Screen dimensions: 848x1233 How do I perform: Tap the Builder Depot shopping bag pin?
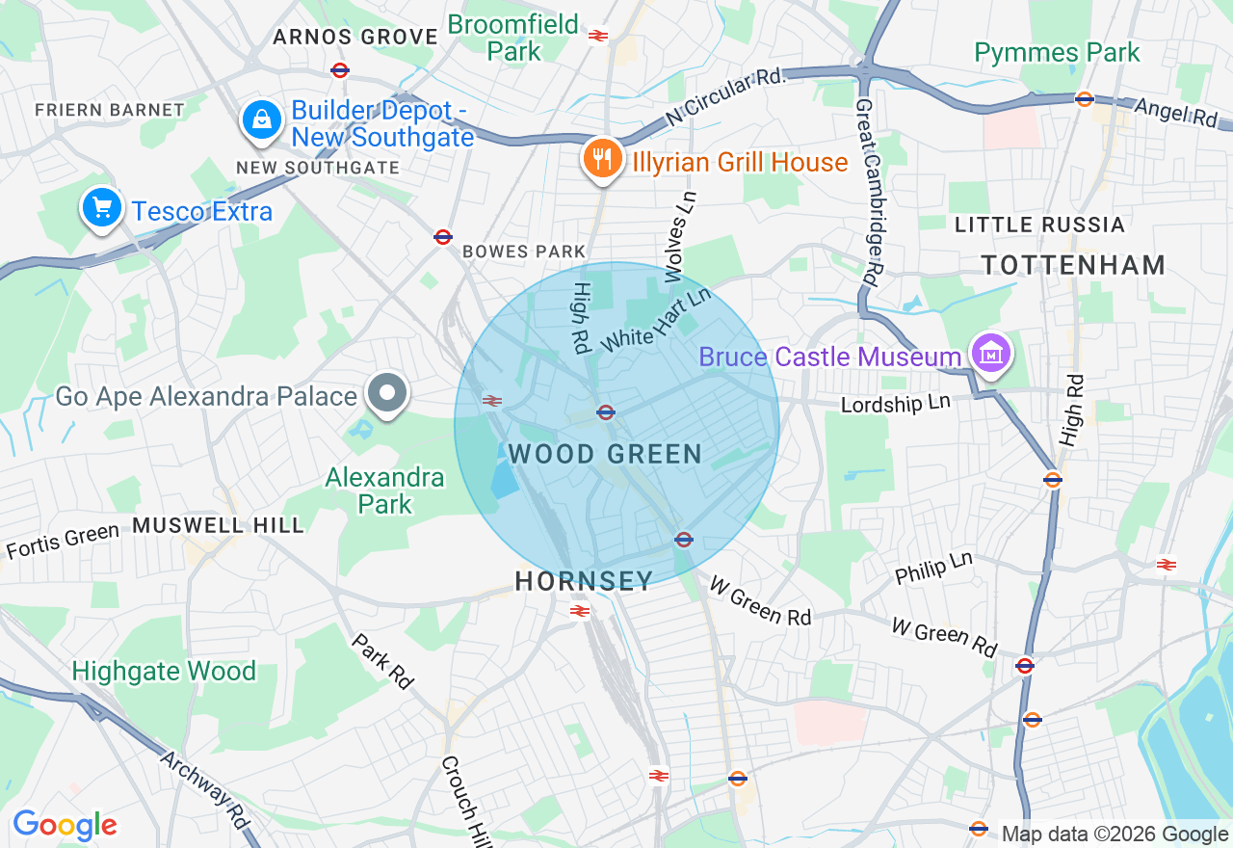[x=260, y=121]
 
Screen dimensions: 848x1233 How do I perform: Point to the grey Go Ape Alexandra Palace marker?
[x=387, y=394]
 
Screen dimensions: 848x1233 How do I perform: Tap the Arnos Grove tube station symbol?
[x=339, y=70]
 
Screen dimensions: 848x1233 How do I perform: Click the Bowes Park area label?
[x=523, y=252]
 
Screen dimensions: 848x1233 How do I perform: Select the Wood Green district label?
[x=605, y=454]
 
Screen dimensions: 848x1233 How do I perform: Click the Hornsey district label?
[x=584, y=581]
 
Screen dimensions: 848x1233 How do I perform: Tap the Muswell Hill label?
[x=218, y=525]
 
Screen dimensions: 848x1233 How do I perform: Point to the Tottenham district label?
[x=1073, y=265]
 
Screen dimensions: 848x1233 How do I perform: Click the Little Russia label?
[x=1039, y=225]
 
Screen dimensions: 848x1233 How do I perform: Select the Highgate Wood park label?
[x=164, y=671]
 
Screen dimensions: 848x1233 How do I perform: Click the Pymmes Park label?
[x=1057, y=53]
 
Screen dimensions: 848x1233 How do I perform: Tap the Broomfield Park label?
[x=514, y=38]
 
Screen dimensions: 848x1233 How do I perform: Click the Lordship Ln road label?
[x=895, y=404]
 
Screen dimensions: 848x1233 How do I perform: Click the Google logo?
[x=65, y=826]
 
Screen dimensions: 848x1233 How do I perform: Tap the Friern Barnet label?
[x=109, y=110]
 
